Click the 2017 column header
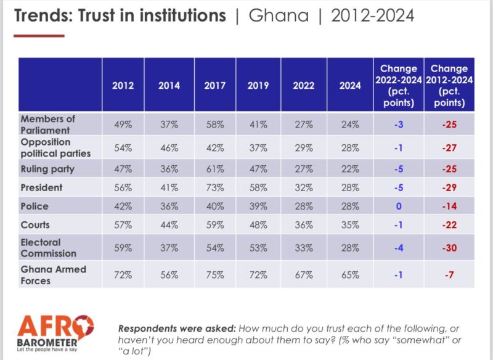pyautogui.click(x=215, y=86)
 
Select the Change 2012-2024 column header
pyautogui.click(x=449, y=85)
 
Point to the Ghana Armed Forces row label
pyautogui.click(x=53, y=274)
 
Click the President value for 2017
pyautogui.click(x=215, y=187)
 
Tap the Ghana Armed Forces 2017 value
pyautogui.click(x=215, y=274)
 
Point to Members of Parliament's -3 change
pyautogui.click(x=399, y=124)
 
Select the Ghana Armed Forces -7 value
pyautogui.click(x=449, y=274)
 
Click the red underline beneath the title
pyautogui.click(x=39, y=35)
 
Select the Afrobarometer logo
pyautogui.click(x=55, y=333)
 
